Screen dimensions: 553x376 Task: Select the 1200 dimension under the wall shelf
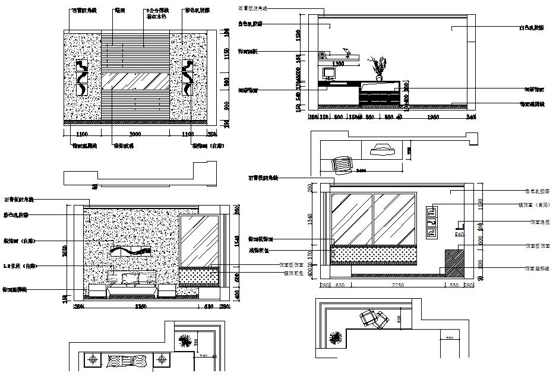click(x=339, y=63)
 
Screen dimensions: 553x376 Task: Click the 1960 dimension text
click(x=433, y=118)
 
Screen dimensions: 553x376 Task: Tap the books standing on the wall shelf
click(x=323, y=55)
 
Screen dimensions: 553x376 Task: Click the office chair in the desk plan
click(x=342, y=163)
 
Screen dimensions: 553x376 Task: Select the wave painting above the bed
click(x=132, y=250)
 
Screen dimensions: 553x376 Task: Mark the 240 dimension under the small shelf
click(x=459, y=234)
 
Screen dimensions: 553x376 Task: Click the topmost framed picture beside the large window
click(x=432, y=210)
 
